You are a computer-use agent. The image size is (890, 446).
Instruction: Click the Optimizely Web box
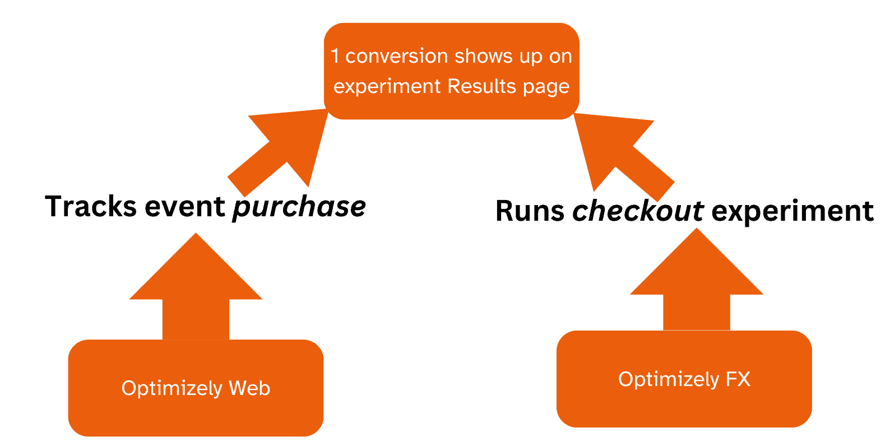(x=196, y=388)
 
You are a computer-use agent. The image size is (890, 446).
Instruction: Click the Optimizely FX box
(x=684, y=379)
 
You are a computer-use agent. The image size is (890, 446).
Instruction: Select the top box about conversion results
(x=451, y=71)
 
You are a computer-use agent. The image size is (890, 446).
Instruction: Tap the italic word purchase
(x=299, y=207)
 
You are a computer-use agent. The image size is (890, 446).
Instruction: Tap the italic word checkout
(x=638, y=211)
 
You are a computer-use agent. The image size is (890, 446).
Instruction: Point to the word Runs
(x=530, y=211)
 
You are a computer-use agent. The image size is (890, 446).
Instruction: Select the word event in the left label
(x=184, y=207)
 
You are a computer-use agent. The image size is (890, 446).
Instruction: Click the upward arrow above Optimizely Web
(x=196, y=286)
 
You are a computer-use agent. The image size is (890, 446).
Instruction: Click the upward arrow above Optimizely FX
(x=697, y=280)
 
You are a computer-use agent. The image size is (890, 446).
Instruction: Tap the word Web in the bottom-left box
(x=249, y=388)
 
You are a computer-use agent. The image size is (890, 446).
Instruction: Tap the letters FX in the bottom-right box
(x=738, y=379)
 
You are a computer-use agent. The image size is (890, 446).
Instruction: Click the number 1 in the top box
(x=335, y=56)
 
